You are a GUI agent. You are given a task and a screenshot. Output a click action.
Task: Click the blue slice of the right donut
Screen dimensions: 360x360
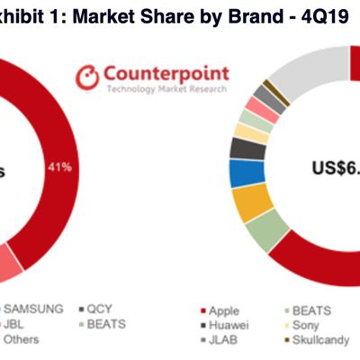pyautogui.click(x=240, y=173)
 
